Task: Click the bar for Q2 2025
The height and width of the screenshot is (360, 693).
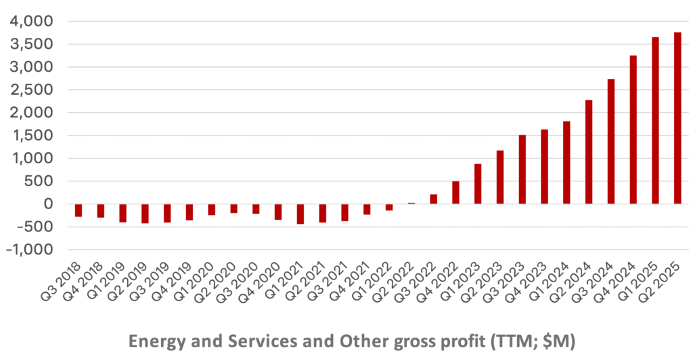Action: [x=677, y=118]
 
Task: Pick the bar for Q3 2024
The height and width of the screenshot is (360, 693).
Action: [x=611, y=141]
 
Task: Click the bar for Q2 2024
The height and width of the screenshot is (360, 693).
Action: [x=589, y=152]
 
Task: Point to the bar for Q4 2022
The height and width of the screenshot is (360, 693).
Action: [x=455, y=192]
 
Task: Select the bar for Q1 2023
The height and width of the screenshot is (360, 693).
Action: [x=478, y=183]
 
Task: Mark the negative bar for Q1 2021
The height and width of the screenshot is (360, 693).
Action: [x=300, y=214]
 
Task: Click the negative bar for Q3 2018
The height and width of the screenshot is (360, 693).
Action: [x=79, y=210]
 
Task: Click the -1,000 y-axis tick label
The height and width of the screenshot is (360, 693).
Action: [x=29, y=249]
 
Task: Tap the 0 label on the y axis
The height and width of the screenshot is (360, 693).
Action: [x=47, y=204]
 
